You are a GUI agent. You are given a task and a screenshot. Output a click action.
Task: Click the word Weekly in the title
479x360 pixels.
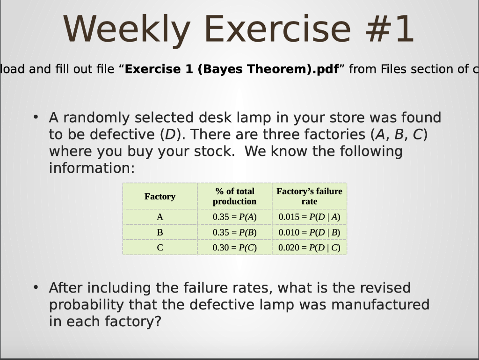pyautogui.click(x=127, y=29)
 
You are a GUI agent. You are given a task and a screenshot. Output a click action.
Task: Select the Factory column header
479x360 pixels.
pyautogui.click(x=160, y=196)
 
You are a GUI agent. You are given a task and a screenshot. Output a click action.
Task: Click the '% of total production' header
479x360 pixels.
pyautogui.click(x=235, y=196)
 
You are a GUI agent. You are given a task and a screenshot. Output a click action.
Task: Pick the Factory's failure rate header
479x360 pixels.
pyautogui.click(x=309, y=196)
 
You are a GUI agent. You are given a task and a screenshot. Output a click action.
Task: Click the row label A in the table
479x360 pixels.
pyautogui.click(x=160, y=217)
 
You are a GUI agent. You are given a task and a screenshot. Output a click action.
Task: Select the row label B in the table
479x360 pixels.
pyautogui.click(x=160, y=232)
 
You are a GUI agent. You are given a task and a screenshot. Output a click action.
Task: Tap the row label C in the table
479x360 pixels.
pyautogui.click(x=160, y=248)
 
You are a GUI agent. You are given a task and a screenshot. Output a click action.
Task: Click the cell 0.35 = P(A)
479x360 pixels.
pyautogui.click(x=235, y=217)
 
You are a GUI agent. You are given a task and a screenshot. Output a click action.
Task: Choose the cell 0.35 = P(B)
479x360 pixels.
pyautogui.click(x=235, y=232)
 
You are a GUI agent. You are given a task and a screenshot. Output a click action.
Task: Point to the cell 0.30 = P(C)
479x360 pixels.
pyautogui.click(x=235, y=248)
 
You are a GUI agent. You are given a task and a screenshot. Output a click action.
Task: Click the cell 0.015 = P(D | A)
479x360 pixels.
pyautogui.click(x=309, y=217)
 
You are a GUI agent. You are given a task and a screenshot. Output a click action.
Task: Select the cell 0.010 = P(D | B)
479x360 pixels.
pyautogui.click(x=309, y=232)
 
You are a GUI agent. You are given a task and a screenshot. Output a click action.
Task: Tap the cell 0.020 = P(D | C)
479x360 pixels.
pyautogui.click(x=309, y=248)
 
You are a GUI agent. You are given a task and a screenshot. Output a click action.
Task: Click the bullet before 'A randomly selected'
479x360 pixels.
pyautogui.click(x=36, y=117)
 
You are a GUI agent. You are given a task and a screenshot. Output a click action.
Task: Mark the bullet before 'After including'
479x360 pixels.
pyautogui.click(x=36, y=287)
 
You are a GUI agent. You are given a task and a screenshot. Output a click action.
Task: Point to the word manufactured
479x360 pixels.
pyautogui.click(x=380, y=304)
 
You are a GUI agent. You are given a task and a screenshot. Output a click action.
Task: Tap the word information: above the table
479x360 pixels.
pyautogui.click(x=92, y=168)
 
